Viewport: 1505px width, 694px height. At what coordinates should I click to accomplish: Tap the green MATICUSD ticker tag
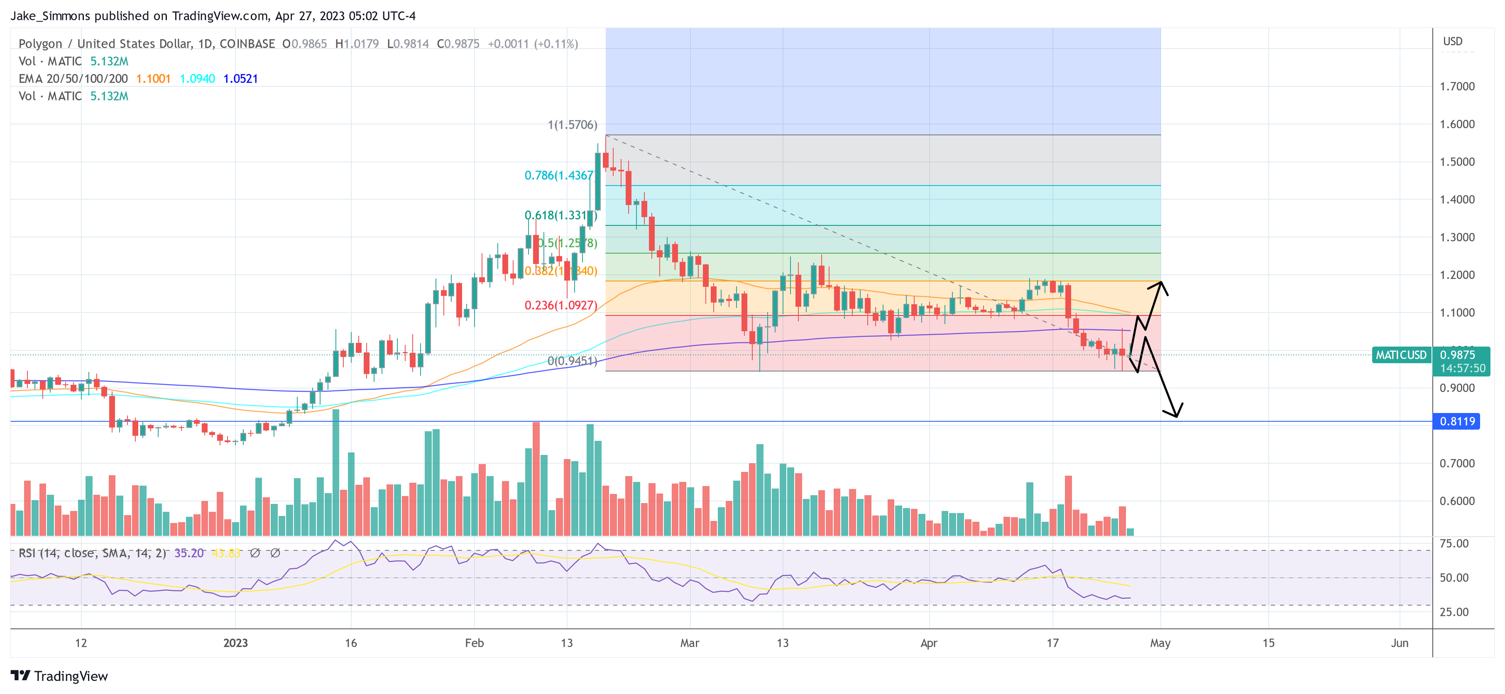[1400, 354]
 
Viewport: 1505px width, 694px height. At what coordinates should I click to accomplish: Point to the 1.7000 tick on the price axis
[1457, 86]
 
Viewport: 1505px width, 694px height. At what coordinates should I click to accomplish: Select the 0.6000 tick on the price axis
[1457, 501]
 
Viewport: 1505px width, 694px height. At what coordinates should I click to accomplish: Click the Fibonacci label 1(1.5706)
[572, 125]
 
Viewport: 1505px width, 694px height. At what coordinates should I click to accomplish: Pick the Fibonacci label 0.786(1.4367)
[558, 175]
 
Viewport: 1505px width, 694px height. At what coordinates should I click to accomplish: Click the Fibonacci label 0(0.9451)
[572, 361]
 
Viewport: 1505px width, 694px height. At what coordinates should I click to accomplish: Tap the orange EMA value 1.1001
[153, 78]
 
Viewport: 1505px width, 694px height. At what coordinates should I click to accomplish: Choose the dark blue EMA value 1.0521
[240, 78]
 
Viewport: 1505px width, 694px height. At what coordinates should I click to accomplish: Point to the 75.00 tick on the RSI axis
[1454, 543]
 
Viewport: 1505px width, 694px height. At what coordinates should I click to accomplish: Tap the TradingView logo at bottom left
[59, 676]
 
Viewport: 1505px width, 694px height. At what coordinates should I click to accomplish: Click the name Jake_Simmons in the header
[50, 16]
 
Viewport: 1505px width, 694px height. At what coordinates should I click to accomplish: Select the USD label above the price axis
[1452, 41]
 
